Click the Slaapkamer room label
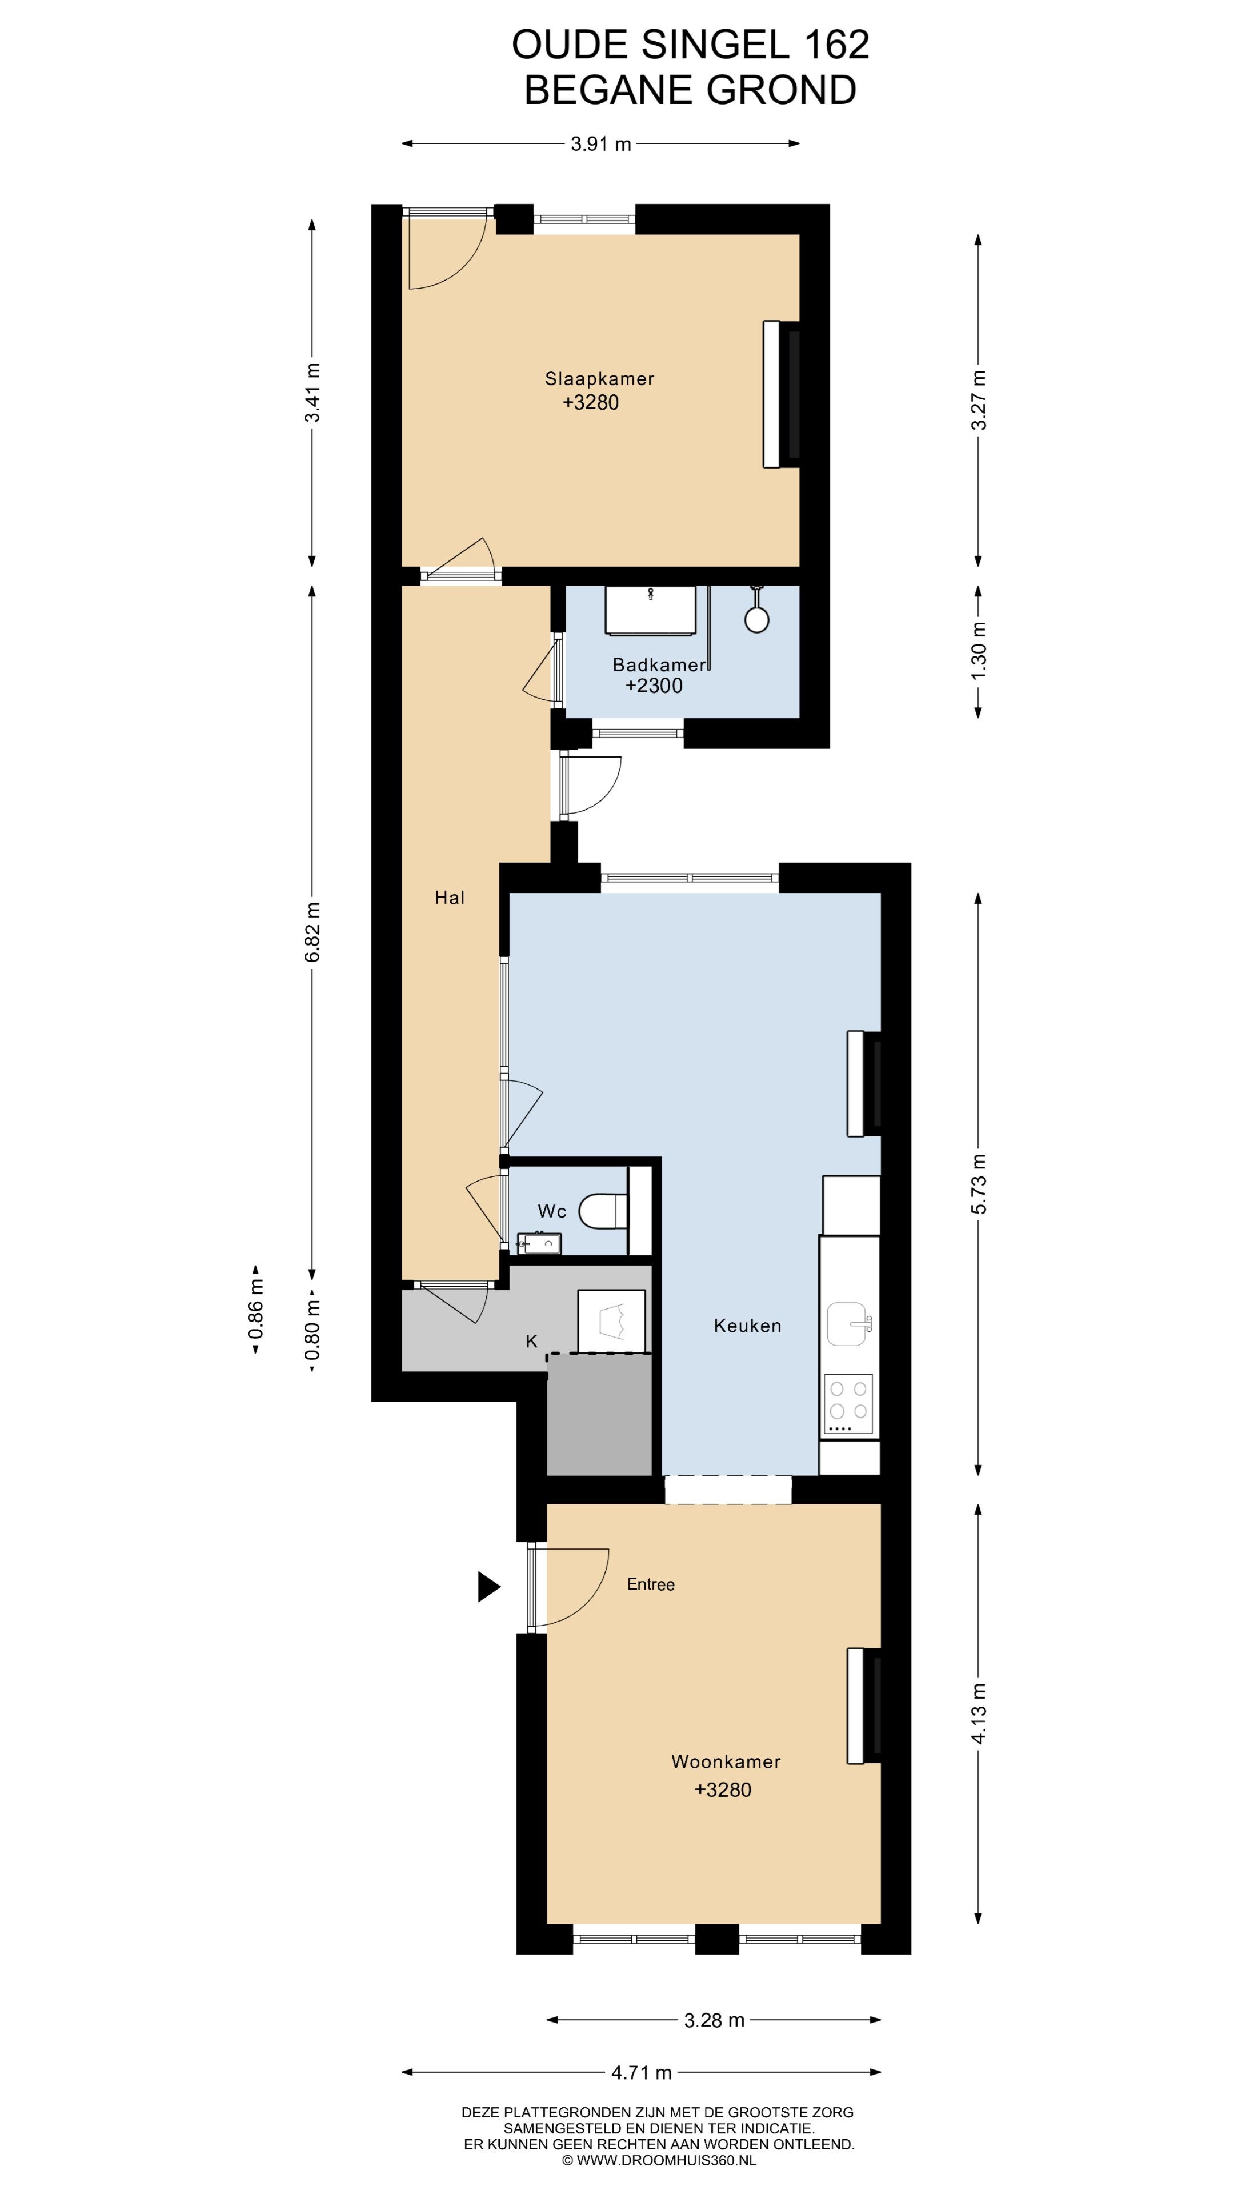coord(599,379)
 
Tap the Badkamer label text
coord(659,665)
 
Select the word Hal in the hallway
coord(450,897)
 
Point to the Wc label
coord(552,1211)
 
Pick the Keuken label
coord(747,1326)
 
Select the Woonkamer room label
coord(726,1761)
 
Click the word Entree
coord(651,1584)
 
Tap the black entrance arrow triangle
coord(489,1586)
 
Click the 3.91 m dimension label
coord(601,144)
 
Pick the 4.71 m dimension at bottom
coord(641,2073)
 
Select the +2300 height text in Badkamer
coord(654,686)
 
